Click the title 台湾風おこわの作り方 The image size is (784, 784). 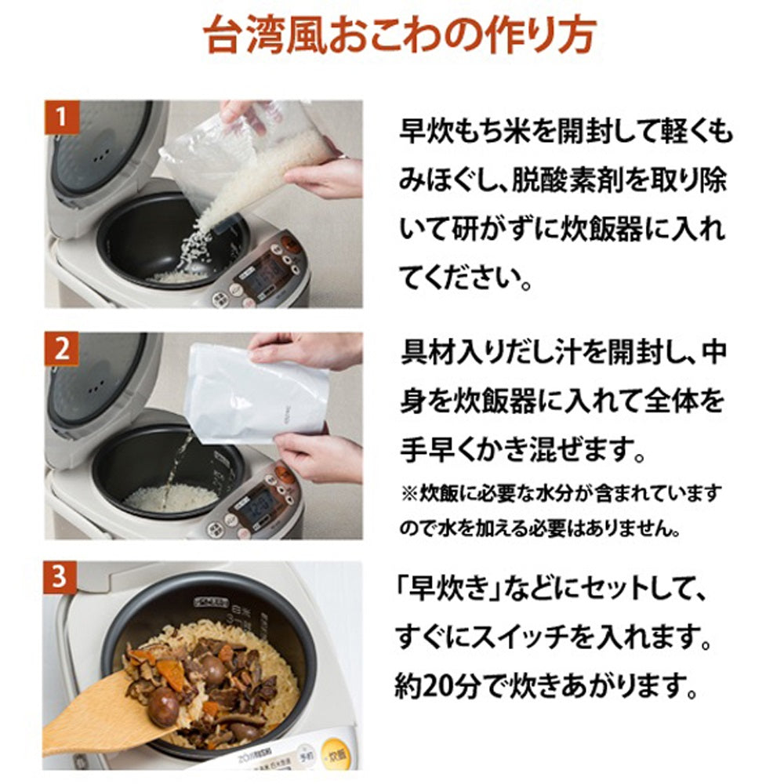(x=400, y=35)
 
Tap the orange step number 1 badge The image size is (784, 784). (x=61, y=118)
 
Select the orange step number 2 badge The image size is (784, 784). (x=61, y=349)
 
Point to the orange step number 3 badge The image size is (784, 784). (x=60, y=577)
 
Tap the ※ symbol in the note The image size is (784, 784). (x=409, y=494)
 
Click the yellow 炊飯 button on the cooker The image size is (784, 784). (x=335, y=753)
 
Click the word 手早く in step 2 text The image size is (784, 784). (x=438, y=451)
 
